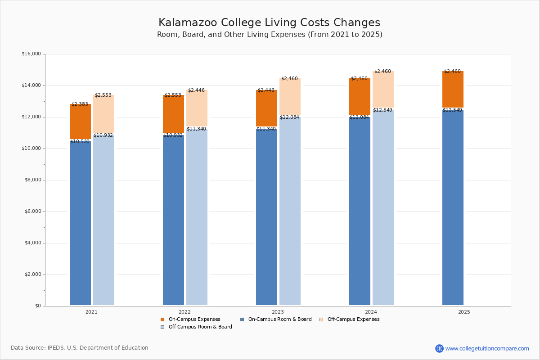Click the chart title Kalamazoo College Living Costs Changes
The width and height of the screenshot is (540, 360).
click(269, 23)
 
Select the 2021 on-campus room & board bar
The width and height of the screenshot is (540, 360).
click(80, 225)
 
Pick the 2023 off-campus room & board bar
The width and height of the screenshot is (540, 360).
click(290, 211)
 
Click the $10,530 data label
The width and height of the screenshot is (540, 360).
click(80, 142)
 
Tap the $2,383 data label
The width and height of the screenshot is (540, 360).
click(80, 104)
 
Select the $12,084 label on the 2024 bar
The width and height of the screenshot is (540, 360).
click(359, 117)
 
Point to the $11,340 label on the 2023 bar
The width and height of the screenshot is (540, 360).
click(266, 129)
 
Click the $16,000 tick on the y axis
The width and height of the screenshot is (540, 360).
click(31, 54)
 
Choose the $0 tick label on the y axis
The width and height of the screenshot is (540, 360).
click(37, 306)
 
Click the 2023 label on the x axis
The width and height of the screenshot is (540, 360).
click(278, 312)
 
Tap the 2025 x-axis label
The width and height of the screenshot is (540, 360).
click(464, 312)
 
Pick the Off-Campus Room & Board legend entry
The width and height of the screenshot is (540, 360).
click(200, 327)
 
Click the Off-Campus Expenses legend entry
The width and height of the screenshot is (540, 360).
click(353, 319)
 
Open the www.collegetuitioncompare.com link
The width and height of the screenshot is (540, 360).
click(487, 348)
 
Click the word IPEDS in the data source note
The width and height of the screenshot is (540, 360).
click(55, 348)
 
